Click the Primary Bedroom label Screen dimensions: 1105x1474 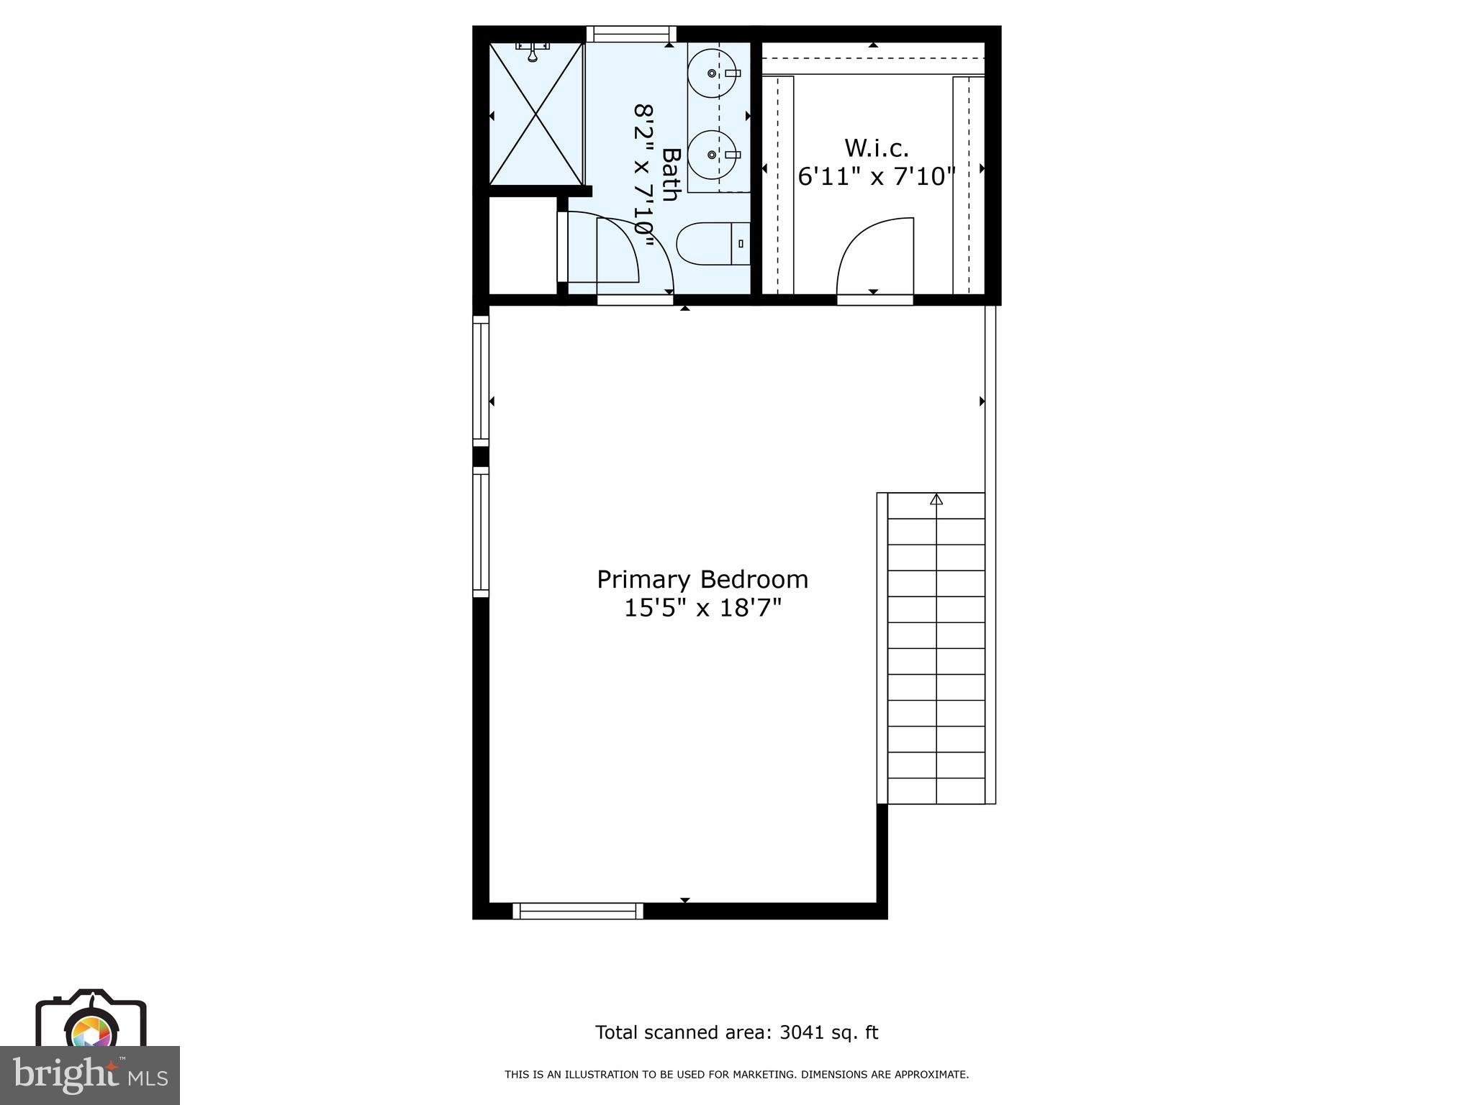(x=702, y=579)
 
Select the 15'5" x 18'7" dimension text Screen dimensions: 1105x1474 (x=702, y=609)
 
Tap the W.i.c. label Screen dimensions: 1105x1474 (x=876, y=148)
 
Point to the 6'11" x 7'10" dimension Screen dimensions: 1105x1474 (x=876, y=176)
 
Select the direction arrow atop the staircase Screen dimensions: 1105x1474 (x=936, y=499)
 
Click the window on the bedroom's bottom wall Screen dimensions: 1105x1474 (x=578, y=911)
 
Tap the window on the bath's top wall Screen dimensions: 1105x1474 (x=631, y=34)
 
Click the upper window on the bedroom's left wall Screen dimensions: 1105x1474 (x=480, y=381)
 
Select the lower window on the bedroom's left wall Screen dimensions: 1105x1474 (x=480, y=532)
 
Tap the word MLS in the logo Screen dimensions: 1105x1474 (x=148, y=1078)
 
